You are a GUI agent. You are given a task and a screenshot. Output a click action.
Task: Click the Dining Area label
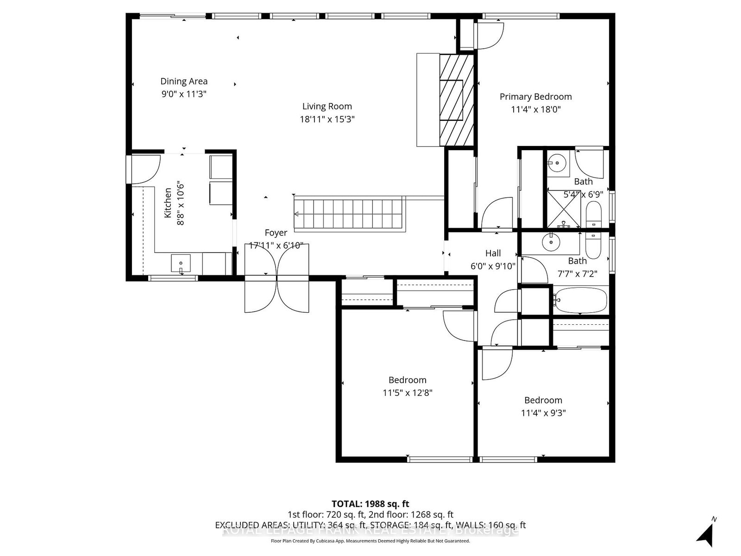coord(184,82)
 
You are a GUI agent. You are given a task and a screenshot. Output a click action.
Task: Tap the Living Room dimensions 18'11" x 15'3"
coord(327,119)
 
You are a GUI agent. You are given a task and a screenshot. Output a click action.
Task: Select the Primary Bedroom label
coord(535,97)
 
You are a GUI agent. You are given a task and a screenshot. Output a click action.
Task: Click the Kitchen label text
coord(168,203)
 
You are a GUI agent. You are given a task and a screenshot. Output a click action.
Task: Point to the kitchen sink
coord(181,264)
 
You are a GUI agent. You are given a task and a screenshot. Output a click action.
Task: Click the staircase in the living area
coord(350,214)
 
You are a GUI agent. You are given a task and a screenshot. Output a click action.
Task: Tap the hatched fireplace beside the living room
coord(457,100)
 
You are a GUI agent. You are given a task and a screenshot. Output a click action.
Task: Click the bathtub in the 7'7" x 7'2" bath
coord(581,300)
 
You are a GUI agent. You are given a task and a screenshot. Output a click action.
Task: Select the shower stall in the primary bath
coord(563,208)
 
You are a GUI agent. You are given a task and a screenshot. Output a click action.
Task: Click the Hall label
coord(493,253)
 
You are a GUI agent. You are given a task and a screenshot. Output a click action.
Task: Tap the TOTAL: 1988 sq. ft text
coord(370,504)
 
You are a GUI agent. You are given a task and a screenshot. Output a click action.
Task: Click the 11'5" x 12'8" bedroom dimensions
coord(407,393)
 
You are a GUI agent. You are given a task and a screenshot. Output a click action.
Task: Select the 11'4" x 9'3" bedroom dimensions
coord(543,413)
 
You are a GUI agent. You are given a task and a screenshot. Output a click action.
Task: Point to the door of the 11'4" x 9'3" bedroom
coord(496,364)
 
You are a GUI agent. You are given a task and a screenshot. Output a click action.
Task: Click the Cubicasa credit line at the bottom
coord(370,541)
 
